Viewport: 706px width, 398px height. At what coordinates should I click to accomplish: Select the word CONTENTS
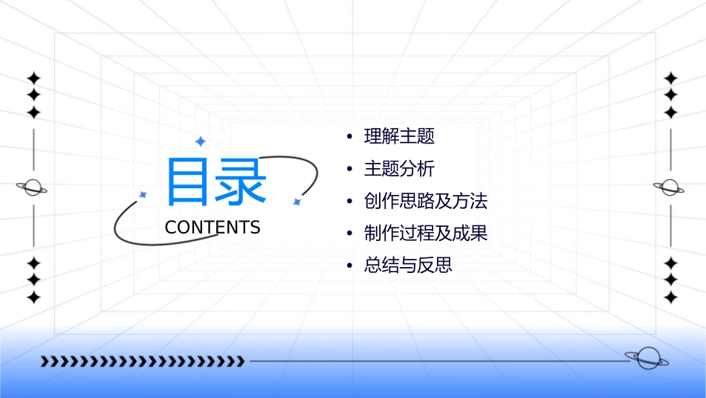click(213, 228)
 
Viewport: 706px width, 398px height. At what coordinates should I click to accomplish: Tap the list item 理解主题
click(399, 137)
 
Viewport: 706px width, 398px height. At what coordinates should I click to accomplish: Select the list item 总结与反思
click(408, 265)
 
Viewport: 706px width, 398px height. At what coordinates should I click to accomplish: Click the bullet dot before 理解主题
click(349, 138)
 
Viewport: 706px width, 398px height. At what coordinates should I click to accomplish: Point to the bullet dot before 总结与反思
click(349, 266)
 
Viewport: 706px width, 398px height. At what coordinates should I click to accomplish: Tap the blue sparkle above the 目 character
click(200, 141)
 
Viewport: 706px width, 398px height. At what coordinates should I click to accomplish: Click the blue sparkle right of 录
click(296, 202)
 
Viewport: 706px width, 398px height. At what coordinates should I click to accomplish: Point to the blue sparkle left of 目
click(143, 194)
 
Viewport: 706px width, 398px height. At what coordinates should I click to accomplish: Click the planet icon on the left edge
click(33, 187)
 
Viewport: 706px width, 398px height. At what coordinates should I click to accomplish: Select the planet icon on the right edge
click(670, 187)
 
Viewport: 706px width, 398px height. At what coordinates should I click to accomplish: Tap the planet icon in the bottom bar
click(646, 359)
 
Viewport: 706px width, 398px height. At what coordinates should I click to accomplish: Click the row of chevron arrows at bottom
click(143, 362)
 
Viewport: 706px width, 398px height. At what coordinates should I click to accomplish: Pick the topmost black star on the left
click(33, 77)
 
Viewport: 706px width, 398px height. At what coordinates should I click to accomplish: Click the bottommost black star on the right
click(671, 298)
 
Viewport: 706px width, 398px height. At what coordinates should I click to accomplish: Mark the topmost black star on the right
click(671, 77)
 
